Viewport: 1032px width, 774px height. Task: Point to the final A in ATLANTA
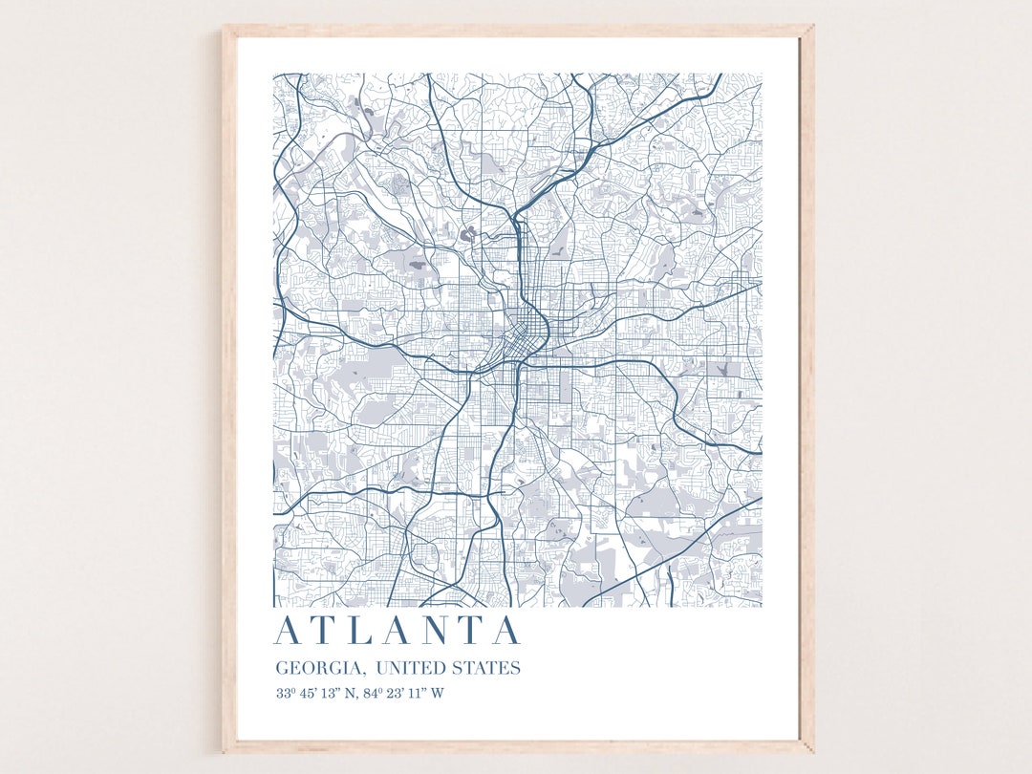505,631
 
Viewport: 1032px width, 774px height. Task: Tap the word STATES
489,668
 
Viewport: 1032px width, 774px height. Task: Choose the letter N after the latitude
350,694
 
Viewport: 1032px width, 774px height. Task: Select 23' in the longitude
393,694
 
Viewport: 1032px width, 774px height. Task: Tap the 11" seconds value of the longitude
415,694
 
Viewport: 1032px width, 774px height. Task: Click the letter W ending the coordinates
437,694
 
